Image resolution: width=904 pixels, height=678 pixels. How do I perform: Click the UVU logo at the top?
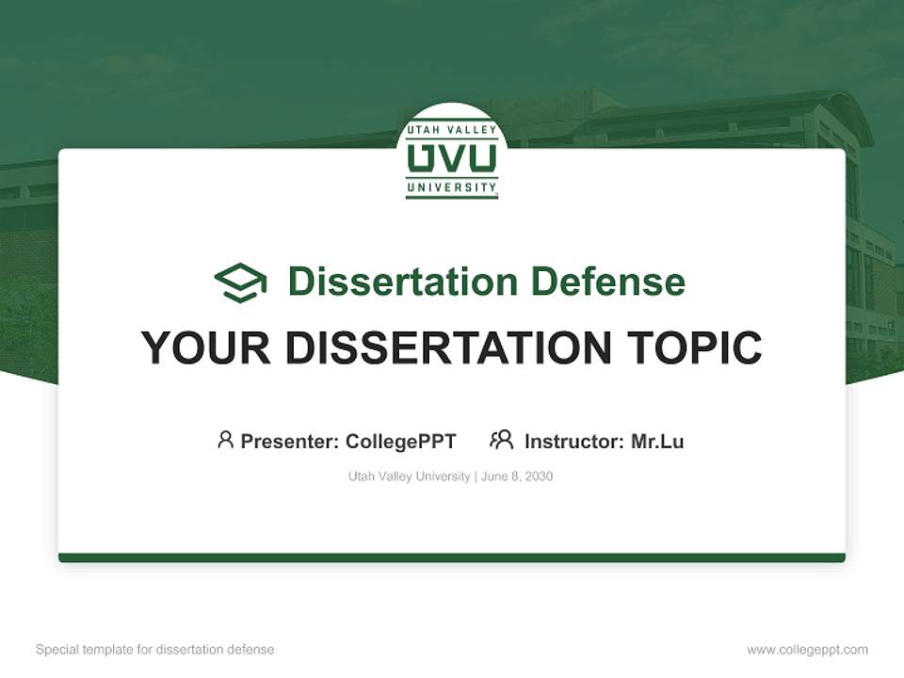(452, 157)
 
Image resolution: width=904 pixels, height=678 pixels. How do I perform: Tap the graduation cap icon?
(240, 282)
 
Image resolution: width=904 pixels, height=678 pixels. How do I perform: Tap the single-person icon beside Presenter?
(225, 440)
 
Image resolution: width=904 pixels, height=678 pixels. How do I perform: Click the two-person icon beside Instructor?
(501, 440)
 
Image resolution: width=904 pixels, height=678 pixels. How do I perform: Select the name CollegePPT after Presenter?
(400, 441)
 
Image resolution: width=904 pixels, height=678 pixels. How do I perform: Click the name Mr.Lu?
(657, 441)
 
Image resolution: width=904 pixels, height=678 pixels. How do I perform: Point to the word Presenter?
(290, 441)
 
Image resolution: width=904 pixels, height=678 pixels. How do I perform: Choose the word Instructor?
(574, 441)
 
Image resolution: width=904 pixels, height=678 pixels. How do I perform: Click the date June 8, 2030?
(517, 476)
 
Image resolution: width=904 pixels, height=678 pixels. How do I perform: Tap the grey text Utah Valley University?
(409, 476)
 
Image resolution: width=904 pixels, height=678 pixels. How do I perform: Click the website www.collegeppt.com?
(807, 650)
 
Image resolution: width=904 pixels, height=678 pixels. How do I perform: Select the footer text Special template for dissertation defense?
(155, 650)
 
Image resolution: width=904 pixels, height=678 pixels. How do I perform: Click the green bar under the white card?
(452, 557)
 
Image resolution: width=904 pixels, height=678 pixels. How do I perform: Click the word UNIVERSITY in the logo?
(452, 187)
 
